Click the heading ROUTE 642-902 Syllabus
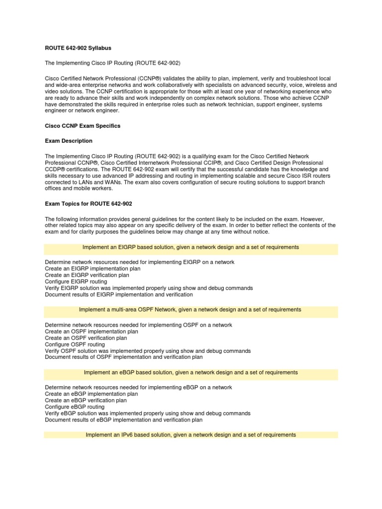click(x=78, y=48)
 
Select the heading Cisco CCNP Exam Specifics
click(x=83, y=126)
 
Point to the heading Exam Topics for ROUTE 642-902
click(x=89, y=203)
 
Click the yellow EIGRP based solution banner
click(x=191, y=247)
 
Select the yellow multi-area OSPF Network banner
click(x=191, y=310)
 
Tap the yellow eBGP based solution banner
click(x=191, y=372)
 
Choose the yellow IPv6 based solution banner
click(x=191, y=435)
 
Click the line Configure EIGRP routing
click(x=76, y=282)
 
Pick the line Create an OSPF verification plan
click(x=87, y=338)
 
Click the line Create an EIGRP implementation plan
click(x=93, y=268)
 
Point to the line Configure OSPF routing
click(x=75, y=344)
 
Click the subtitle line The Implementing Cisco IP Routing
click(x=112, y=63)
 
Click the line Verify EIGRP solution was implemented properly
click(x=149, y=288)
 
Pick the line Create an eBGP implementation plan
click(x=92, y=394)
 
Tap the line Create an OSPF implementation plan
click(x=92, y=331)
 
